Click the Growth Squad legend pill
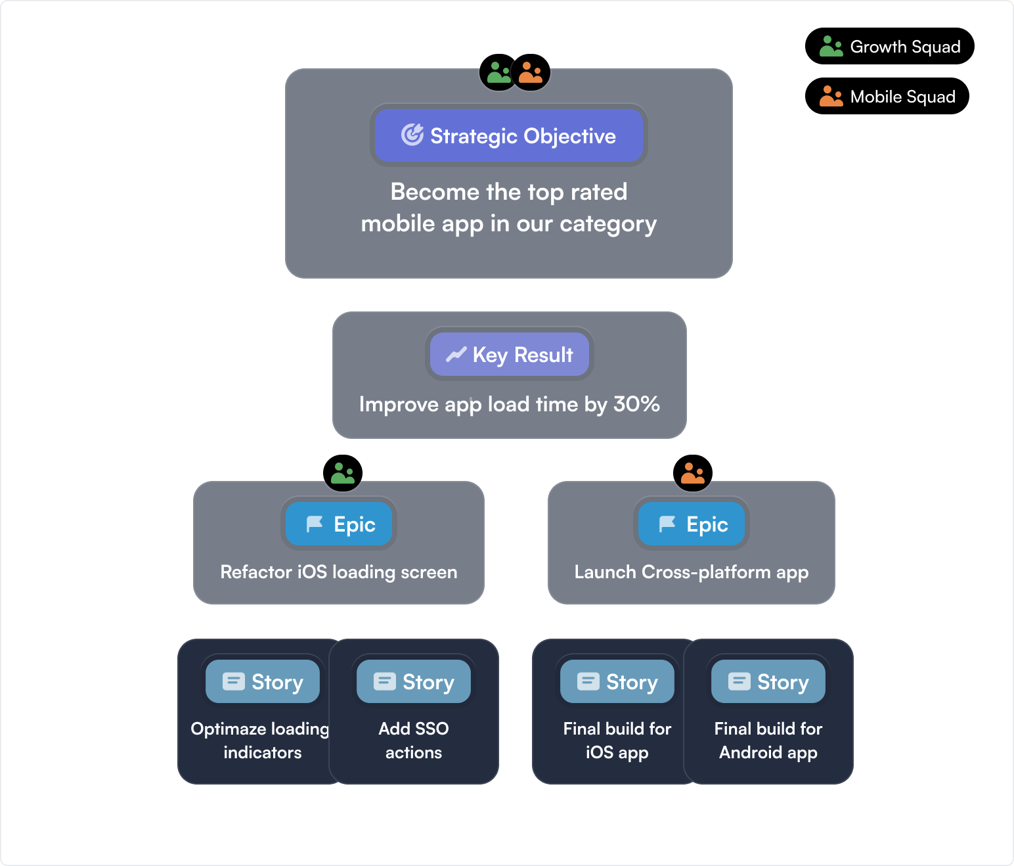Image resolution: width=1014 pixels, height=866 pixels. [x=890, y=47]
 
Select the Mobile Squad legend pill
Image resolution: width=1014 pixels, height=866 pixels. [x=887, y=97]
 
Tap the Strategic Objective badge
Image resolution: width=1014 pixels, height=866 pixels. [x=509, y=135]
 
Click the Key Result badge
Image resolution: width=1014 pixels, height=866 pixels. [x=510, y=355]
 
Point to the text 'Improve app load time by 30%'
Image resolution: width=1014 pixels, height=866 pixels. [x=509, y=404]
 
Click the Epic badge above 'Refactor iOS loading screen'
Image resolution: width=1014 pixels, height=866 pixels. [x=340, y=524]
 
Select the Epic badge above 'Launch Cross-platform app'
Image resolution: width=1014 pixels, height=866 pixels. [x=692, y=524]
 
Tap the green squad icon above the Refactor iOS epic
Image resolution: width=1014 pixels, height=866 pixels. [x=343, y=473]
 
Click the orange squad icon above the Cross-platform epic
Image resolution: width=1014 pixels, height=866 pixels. [x=693, y=473]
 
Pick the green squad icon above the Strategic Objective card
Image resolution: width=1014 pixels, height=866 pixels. [x=498, y=72]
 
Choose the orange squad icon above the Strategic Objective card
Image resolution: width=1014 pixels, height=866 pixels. [x=531, y=72]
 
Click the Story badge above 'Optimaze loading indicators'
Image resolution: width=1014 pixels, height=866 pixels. [x=263, y=681]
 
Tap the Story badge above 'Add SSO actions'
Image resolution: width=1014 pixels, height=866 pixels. [x=414, y=681]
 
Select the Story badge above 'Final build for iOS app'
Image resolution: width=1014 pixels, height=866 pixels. [x=617, y=681]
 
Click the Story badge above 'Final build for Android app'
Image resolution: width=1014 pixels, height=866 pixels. [x=768, y=681]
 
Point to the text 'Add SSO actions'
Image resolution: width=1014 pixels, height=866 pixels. [x=414, y=740]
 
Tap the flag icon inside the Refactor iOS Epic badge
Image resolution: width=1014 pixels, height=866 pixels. [x=315, y=524]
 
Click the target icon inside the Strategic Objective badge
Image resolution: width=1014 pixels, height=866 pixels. [x=412, y=135]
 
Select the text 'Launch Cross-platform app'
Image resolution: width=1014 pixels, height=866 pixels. [x=692, y=572]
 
